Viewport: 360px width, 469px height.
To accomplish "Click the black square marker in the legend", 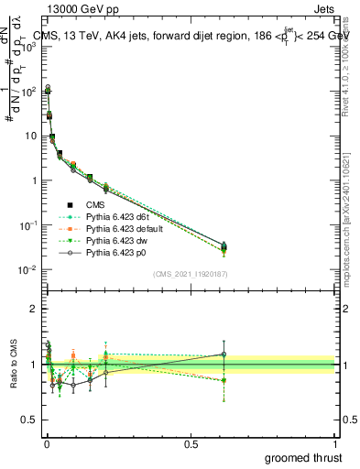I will pyautogui.click(x=70, y=204).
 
